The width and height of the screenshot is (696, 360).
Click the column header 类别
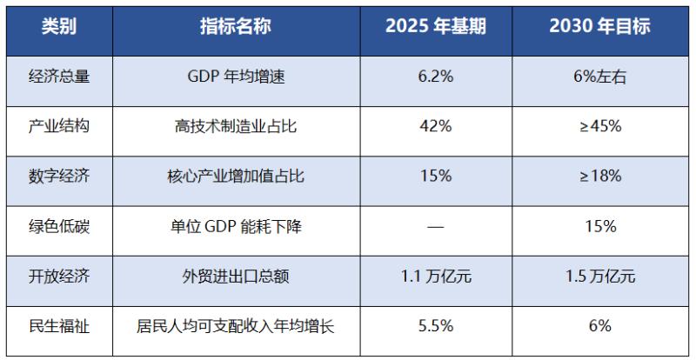coord(59,26)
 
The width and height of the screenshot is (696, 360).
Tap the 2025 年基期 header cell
coord(436,26)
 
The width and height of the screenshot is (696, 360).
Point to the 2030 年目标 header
coord(599,26)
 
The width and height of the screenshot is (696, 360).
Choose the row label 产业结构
coord(59,126)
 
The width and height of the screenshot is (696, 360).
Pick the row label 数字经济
coord(59,177)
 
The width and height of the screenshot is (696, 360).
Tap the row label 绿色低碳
coord(59,227)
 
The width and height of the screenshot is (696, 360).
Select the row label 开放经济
coord(59,277)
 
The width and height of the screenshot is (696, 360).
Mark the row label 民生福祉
coord(59,328)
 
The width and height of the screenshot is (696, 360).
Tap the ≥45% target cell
coord(599,126)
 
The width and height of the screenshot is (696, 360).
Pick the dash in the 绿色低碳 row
coord(436,227)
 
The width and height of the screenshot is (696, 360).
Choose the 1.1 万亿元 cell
coord(436,277)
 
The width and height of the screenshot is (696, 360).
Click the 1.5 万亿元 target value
coord(599,277)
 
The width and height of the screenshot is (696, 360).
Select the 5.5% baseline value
coord(436,328)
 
